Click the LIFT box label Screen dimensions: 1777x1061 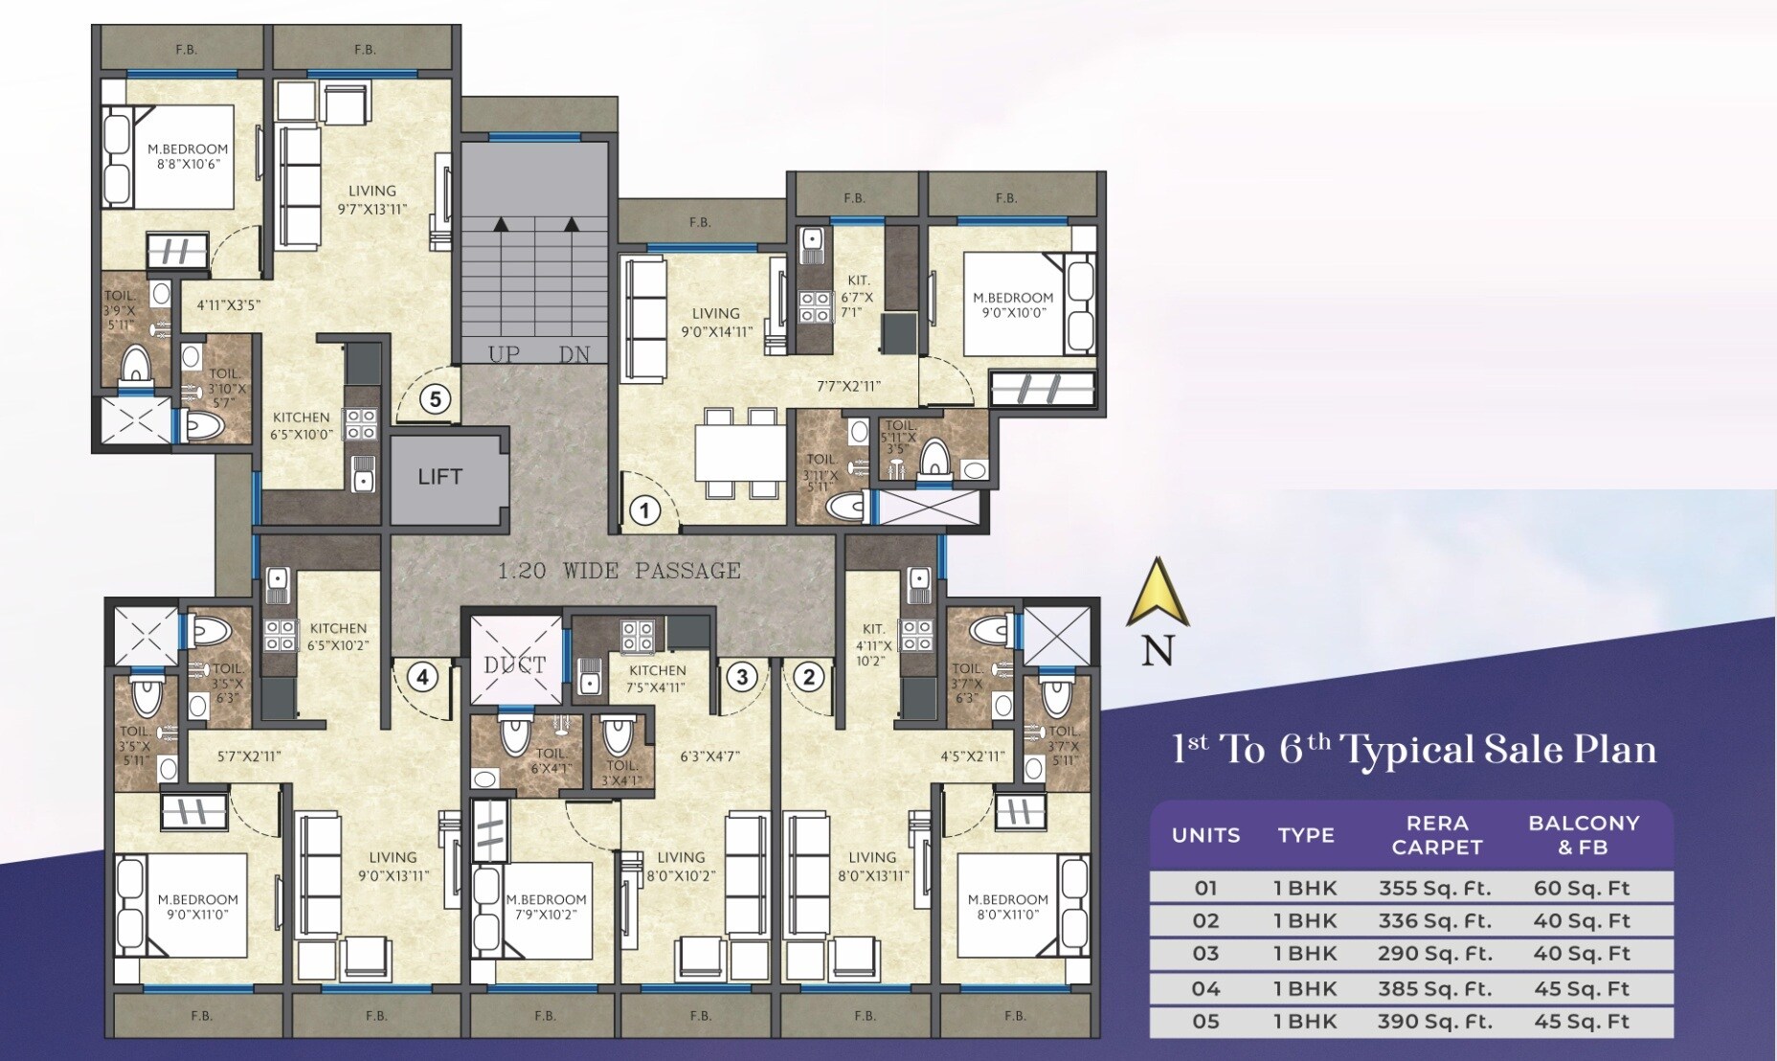click(439, 476)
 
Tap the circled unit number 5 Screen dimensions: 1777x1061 click(436, 398)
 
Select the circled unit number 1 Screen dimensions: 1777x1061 click(644, 510)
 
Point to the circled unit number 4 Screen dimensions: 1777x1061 click(422, 677)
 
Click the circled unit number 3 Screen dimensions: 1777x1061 click(742, 677)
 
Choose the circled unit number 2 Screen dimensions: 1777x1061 click(809, 677)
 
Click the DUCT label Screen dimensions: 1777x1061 click(515, 665)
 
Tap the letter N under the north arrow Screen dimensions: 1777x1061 click(1158, 651)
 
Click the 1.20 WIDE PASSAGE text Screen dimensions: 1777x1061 click(619, 571)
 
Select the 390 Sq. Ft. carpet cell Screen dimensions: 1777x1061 click(1434, 1022)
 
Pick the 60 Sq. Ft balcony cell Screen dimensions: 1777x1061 click(1582, 888)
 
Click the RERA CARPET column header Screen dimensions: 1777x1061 click(1437, 835)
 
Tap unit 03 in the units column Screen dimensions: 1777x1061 click(1205, 954)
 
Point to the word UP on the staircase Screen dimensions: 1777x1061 click(504, 353)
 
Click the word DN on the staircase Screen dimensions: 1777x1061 click(574, 353)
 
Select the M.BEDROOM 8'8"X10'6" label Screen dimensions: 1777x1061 click(188, 156)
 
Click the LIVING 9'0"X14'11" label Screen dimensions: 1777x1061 click(716, 323)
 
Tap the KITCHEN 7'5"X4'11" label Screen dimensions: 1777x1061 click(658, 678)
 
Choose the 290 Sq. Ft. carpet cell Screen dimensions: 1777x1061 click(1434, 954)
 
